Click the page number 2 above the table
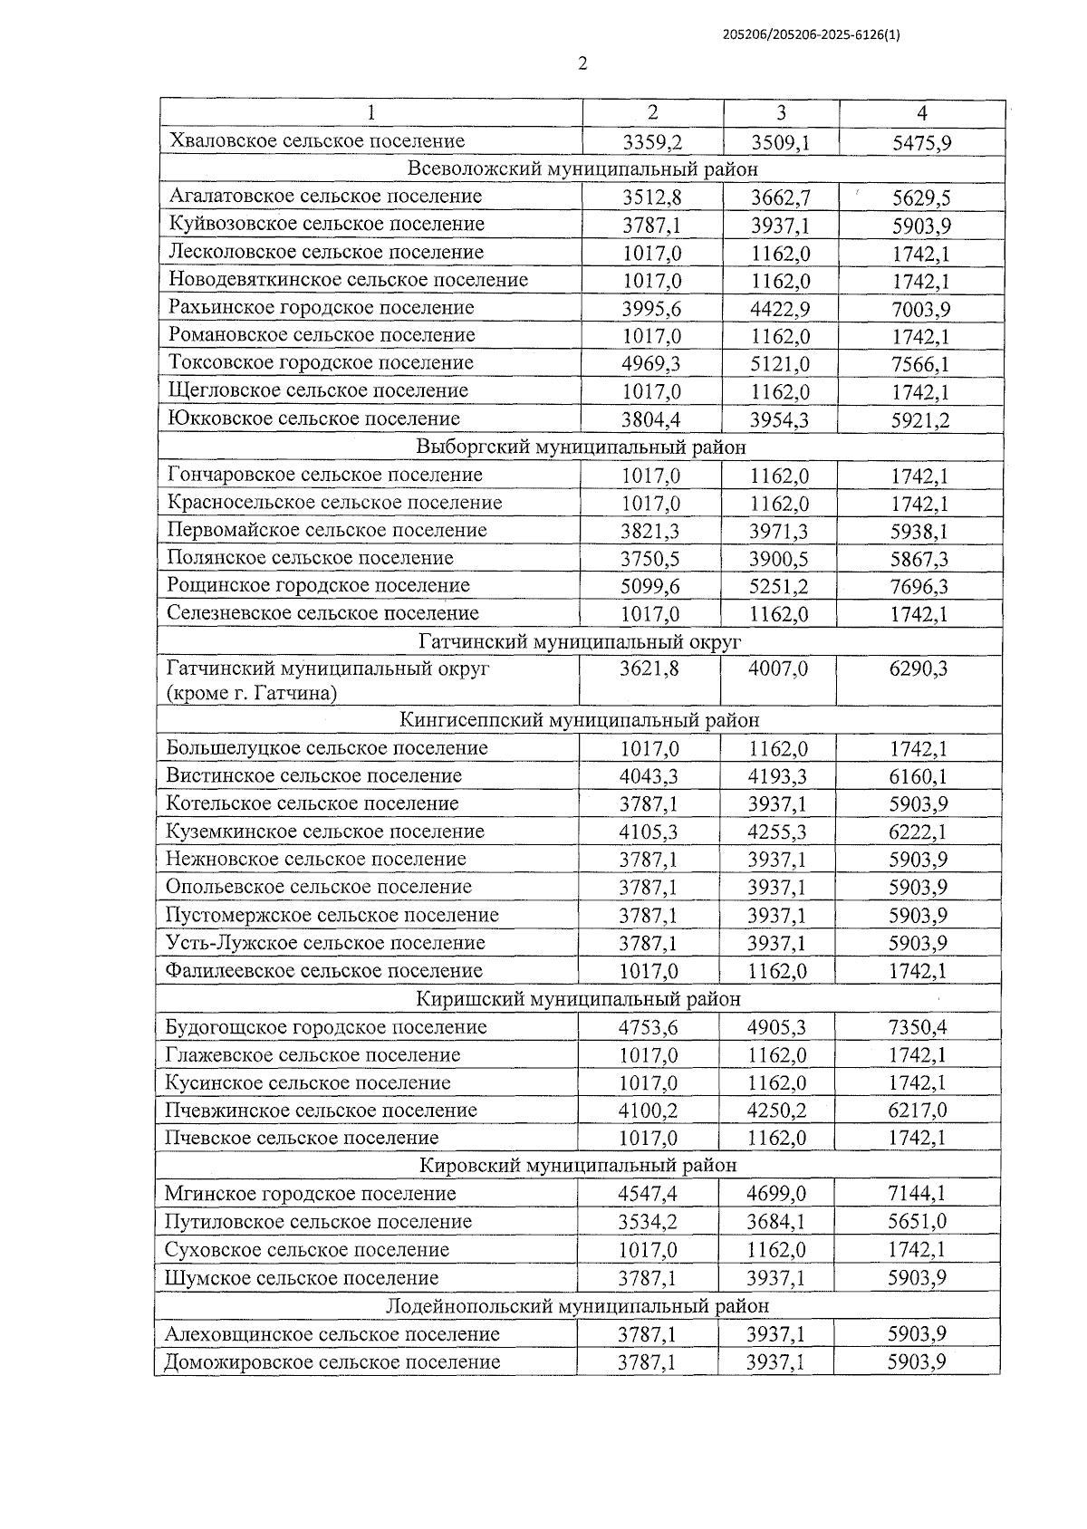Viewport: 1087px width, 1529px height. point(582,63)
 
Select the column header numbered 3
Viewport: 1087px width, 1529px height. point(781,113)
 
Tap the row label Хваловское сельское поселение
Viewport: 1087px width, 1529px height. point(317,141)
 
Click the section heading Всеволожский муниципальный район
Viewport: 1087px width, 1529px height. point(582,169)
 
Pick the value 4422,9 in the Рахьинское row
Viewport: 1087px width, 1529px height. point(780,309)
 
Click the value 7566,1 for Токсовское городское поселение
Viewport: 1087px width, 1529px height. point(919,364)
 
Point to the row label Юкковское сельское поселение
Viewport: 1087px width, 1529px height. point(314,418)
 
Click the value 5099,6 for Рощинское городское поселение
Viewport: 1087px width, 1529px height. point(650,587)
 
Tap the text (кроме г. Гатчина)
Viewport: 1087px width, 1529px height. point(252,695)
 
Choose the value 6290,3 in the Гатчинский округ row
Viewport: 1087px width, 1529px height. point(918,669)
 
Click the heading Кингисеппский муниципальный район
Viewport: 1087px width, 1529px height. point(579,721)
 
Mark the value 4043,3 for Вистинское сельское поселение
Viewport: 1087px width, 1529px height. point(649,777)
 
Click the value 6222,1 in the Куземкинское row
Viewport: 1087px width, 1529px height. point(918,832)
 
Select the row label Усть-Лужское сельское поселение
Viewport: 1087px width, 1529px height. point(325,943)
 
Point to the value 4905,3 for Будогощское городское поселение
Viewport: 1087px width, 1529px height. point(777,1028)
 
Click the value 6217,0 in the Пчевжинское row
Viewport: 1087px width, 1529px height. point(917,1111)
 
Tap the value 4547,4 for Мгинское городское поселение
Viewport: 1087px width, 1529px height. point(648,1195)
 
